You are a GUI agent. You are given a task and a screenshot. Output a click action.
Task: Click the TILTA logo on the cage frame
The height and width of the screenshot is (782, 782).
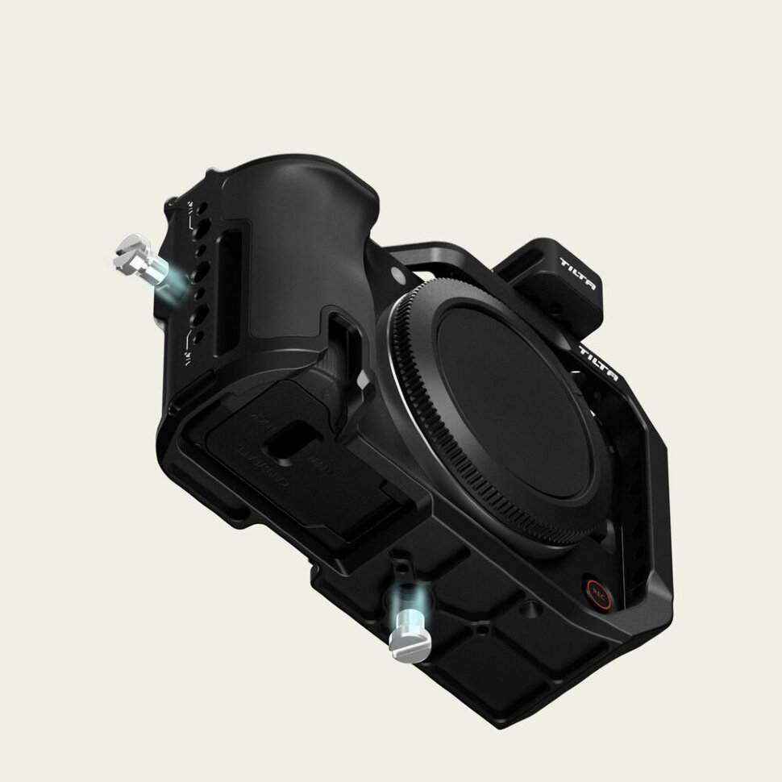coord(598,363)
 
